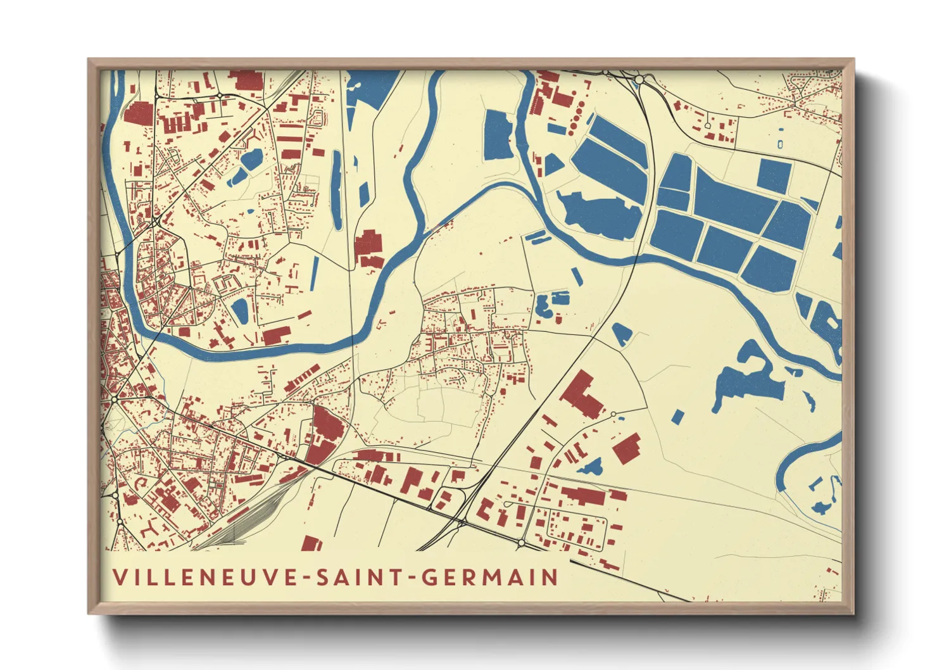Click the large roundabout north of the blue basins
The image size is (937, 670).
pyautogui.click(x=638, y=79)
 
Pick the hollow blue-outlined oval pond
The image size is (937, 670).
pyautogui.click(x=780, y=144)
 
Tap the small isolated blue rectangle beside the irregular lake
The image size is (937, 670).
pyautogui.click(x=677, y=416)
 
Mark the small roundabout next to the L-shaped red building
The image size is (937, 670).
pyautogui.click(x=613, y=414)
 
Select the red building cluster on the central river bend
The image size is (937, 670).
pyautogui.click(x=369, y=248)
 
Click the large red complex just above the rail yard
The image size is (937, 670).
pyautogui.click(x=324, y=434)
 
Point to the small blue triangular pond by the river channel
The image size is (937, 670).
pyautogui.click(x=552, y=164)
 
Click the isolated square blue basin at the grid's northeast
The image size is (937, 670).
pyautogui.click(x=774, y=175)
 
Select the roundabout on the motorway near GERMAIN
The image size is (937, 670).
pyautogui.click(x=520, y=543)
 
